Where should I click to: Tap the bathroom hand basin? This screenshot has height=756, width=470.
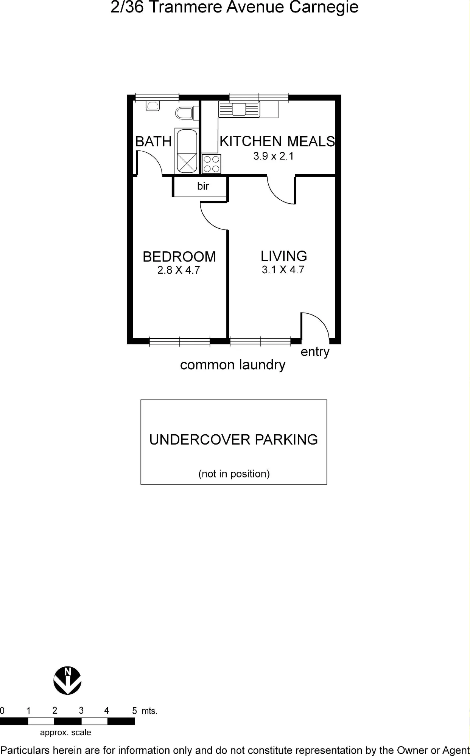point(153,105)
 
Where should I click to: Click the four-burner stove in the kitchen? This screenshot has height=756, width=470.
point(211,164)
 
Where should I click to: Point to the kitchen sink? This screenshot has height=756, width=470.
point(239,109)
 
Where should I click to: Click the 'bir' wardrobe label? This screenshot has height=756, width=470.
point(203,186)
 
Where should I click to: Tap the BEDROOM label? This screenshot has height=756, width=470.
point(179,257)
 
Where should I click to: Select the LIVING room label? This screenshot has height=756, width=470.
point(284,256)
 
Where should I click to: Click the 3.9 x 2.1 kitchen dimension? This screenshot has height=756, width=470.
point(274,156)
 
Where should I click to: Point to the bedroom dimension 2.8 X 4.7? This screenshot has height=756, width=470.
point(179,270)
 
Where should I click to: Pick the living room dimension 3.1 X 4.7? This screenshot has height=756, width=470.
point(283,270)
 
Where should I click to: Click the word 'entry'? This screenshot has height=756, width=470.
point(315,352)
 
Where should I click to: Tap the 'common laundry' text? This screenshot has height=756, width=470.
point(233,365)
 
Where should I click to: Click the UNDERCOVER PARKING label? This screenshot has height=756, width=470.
point(233,440)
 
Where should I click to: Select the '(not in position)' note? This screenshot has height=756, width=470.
point(234,474)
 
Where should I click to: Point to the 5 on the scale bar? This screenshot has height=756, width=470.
point(134,711)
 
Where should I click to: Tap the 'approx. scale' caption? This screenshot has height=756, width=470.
point(65,733)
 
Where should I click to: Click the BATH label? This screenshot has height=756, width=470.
point(154,141)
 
